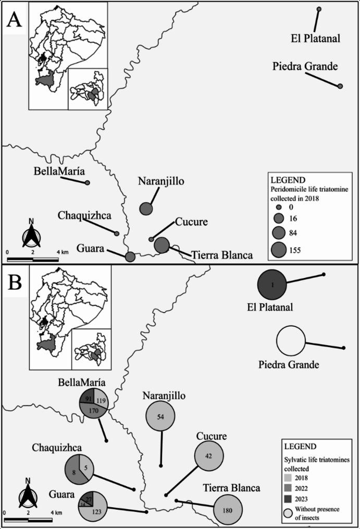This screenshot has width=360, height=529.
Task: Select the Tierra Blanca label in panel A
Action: (x=222, y=255)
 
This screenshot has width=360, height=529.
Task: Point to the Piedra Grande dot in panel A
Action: (x=340, y=86)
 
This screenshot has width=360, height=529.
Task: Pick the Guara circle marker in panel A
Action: (x=130, y=256)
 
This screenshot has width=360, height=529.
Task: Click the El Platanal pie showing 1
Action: (x=272, y=285)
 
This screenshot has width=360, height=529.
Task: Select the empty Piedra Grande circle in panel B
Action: (x=291, y=341)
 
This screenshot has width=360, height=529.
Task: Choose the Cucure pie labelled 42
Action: (x=209, y=456)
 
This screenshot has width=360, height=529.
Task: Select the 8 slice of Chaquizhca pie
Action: (x=73, y=471)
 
